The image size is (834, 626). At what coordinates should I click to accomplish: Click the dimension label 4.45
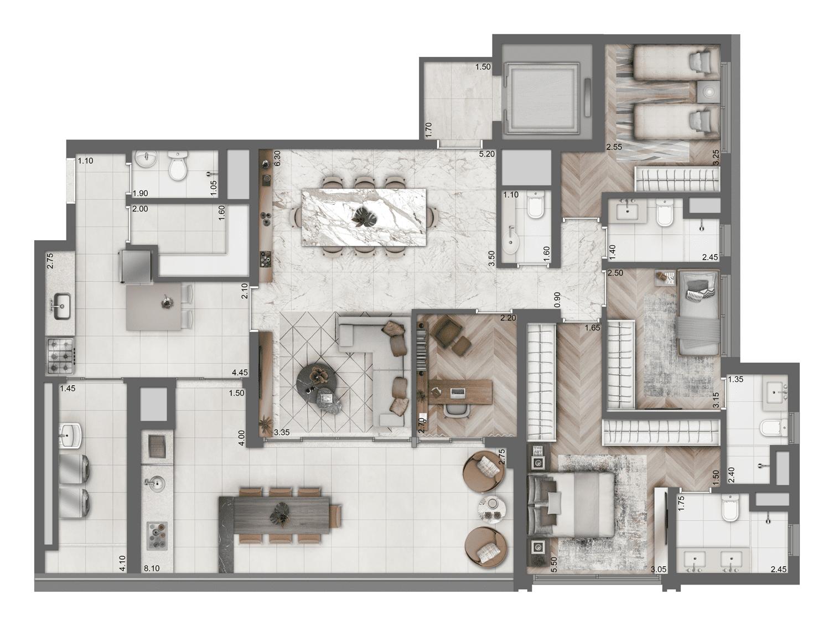pyautogui.click(x=240, y=373)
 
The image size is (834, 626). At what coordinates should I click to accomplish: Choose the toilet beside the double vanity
pyautogui.click(x=729, y=508)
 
